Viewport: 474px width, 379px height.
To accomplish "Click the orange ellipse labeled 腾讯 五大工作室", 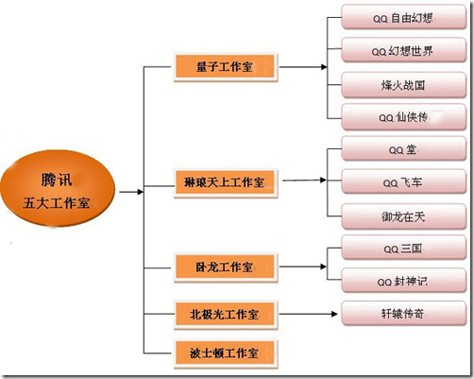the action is point(58,188).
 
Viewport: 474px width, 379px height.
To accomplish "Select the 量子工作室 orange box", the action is point(225,67).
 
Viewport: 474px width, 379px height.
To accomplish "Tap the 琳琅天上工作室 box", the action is point(225,182).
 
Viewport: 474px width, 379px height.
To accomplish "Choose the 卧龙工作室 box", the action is point(225,267).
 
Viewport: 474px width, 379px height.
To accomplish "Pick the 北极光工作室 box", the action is point(225,314).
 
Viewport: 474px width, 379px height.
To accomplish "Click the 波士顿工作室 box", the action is point(225,353).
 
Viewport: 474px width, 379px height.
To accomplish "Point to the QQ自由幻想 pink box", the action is point(404,17).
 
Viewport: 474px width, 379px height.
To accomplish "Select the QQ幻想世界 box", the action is point(404,50).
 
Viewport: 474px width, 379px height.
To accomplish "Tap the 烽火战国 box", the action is point(404,85).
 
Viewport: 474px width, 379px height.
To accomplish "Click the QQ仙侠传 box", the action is point(404,117).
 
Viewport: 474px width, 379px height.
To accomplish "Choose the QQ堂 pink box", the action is point(404,148).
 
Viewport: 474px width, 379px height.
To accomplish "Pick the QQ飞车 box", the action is point(404,181).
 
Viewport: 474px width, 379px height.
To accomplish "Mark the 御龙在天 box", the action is point(404,216).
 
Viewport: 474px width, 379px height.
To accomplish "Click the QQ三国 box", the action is point(404,248).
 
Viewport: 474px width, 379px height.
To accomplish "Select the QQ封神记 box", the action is point(404,281).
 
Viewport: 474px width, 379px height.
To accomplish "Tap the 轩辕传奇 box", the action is point(404,314).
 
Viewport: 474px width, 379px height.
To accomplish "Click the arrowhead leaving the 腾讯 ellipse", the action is point(141,192).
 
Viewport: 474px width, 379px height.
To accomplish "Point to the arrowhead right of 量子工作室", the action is point(324,67).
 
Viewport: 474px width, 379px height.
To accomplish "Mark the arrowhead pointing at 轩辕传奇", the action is point(334,314).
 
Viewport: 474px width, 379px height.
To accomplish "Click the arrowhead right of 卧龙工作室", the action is point(323,267).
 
